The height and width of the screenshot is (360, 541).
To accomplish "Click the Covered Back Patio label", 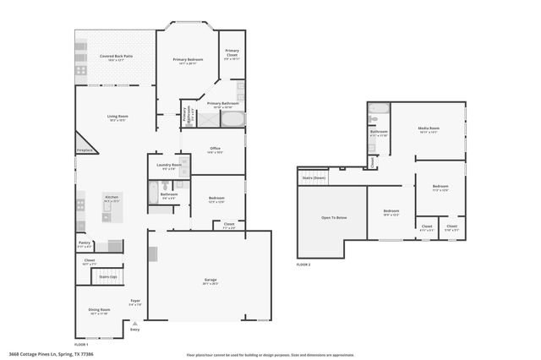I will tap(116, 57).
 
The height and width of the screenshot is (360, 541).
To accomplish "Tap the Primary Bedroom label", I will tap(188, 60).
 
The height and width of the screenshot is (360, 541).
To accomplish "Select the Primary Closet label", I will tap(232, 52).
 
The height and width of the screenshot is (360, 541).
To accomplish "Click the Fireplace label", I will tap(85, 150).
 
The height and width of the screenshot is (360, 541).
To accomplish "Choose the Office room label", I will tap(216, 148).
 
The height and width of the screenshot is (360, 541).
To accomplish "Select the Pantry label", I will tap(85, 243).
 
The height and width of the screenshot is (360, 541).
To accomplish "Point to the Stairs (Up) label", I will tap(107, 276).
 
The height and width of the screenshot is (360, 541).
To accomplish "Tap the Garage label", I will tap(210, 280).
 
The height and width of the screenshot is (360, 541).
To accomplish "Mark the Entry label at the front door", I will tap(134, 330).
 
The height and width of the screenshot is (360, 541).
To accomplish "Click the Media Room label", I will tap(428, 128).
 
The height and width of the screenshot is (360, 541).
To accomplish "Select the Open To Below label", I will tap(334, 217).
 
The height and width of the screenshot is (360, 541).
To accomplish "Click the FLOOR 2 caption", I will tap(303, 265).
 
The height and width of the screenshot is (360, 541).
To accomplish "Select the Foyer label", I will tap(134, 302).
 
